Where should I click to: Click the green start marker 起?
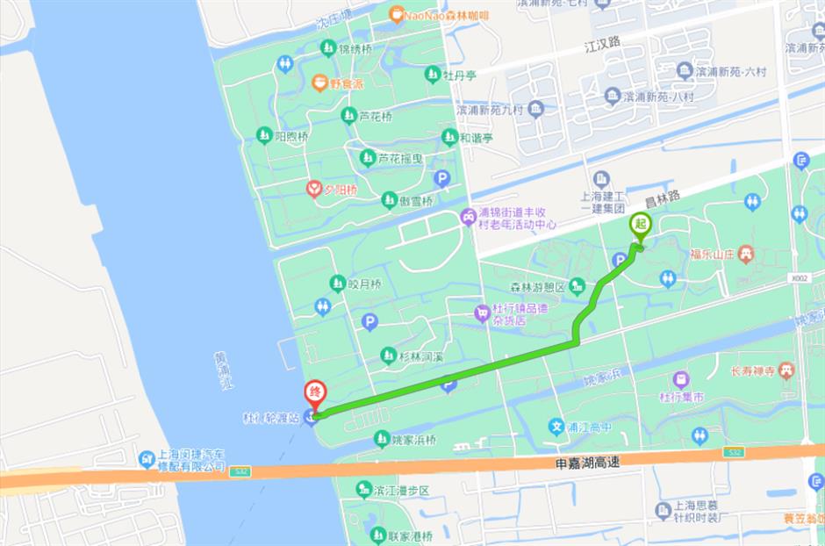[641, 225]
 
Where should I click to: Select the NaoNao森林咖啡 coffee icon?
[397, 14]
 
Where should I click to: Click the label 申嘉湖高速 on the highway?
[581, 462]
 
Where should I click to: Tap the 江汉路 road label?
[602, 41]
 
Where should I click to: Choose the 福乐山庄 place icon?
[746, 254]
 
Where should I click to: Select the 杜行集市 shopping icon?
[681, 380]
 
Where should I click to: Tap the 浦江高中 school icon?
[556, 427]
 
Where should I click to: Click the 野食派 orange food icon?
[319, 83]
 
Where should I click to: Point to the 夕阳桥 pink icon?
[313, 189]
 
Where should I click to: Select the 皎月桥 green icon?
[337, 284]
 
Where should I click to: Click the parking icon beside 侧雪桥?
[442, 178]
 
